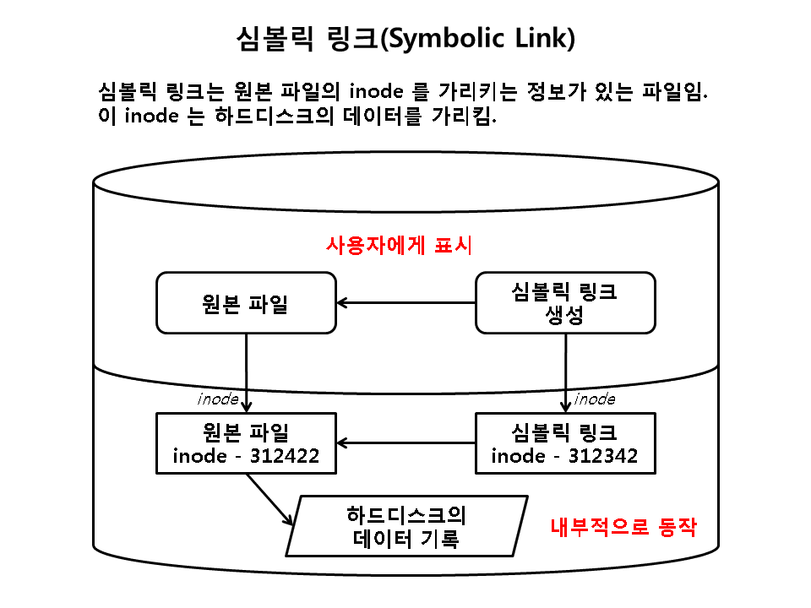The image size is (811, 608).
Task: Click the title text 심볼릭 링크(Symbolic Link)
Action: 405,39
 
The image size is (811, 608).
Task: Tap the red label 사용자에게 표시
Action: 399,246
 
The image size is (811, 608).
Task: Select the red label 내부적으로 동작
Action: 623,529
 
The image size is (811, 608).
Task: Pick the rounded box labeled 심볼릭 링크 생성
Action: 565,302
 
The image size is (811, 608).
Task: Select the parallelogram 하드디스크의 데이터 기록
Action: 405,527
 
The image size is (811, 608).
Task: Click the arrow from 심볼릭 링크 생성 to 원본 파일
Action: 405,302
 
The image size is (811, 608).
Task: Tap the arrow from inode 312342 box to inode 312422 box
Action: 405,442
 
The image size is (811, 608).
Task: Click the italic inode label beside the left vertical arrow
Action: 218,398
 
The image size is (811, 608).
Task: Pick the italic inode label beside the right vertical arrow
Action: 595,398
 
